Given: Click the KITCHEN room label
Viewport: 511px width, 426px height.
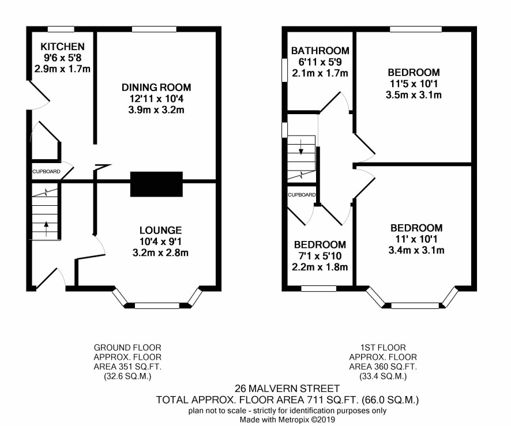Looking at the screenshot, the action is (x=62, y=47).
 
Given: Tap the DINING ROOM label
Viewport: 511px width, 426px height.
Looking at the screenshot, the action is (x=156, y=87).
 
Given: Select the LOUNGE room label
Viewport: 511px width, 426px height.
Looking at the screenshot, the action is (x=161, y=230).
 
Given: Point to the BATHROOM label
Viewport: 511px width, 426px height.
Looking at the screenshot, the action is (x=320, y=51).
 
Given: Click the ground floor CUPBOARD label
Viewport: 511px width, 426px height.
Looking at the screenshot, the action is (x=46, y=172).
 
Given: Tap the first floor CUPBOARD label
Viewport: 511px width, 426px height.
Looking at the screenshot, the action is (x=302, y=195).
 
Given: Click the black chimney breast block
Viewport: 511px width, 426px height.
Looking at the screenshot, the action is (x=156, y=184).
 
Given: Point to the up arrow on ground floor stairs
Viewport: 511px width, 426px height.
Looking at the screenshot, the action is (x=46, y=229).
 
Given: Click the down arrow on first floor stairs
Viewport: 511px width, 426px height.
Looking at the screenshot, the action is (x=301, y=146).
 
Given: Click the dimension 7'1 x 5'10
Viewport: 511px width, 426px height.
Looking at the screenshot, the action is (x=320, y=256).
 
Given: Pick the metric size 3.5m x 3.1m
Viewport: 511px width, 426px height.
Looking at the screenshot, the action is (x=414, y=95).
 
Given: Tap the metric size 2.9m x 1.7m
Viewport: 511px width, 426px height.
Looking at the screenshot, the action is (x=62, y=69).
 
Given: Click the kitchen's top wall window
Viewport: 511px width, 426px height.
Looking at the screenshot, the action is (x=61, y=29).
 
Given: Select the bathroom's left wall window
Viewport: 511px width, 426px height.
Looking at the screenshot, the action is (x=284, y=70).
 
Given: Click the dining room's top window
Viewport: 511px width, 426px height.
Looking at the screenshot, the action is (x=154, y=29).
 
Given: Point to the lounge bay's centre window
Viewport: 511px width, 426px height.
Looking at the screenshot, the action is (x=157, y=306).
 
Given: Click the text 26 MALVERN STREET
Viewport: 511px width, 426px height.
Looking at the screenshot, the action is (x=287, y=389).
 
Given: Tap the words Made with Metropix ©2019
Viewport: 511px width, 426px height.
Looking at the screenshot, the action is (x=287, y=420).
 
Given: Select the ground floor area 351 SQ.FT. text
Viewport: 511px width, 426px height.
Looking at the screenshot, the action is (x=127, y=367).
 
